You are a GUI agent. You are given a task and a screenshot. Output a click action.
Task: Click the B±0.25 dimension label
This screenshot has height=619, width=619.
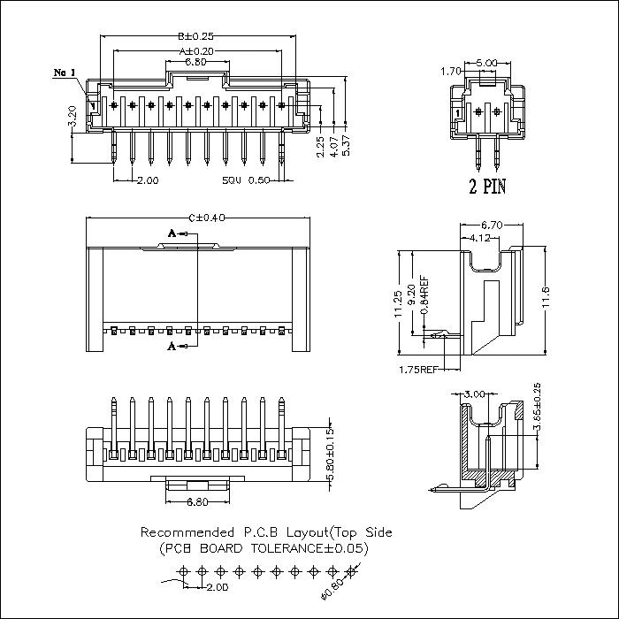coord(196,37)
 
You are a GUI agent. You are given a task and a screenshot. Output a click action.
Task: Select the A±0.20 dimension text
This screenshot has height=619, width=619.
coord(196,50)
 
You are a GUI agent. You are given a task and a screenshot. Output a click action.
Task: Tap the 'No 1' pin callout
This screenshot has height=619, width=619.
coord(65,73)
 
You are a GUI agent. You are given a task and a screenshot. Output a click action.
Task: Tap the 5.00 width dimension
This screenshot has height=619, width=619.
coord(485,63)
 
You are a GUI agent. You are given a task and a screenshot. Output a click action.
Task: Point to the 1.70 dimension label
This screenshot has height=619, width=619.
coord(450,70)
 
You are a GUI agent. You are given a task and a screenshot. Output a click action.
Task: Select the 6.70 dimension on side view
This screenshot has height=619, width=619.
coord(490,226)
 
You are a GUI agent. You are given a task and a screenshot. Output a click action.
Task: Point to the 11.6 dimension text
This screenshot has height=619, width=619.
coord(546,301)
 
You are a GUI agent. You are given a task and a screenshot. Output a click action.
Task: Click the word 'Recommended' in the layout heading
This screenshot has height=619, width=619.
coord(187,532)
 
